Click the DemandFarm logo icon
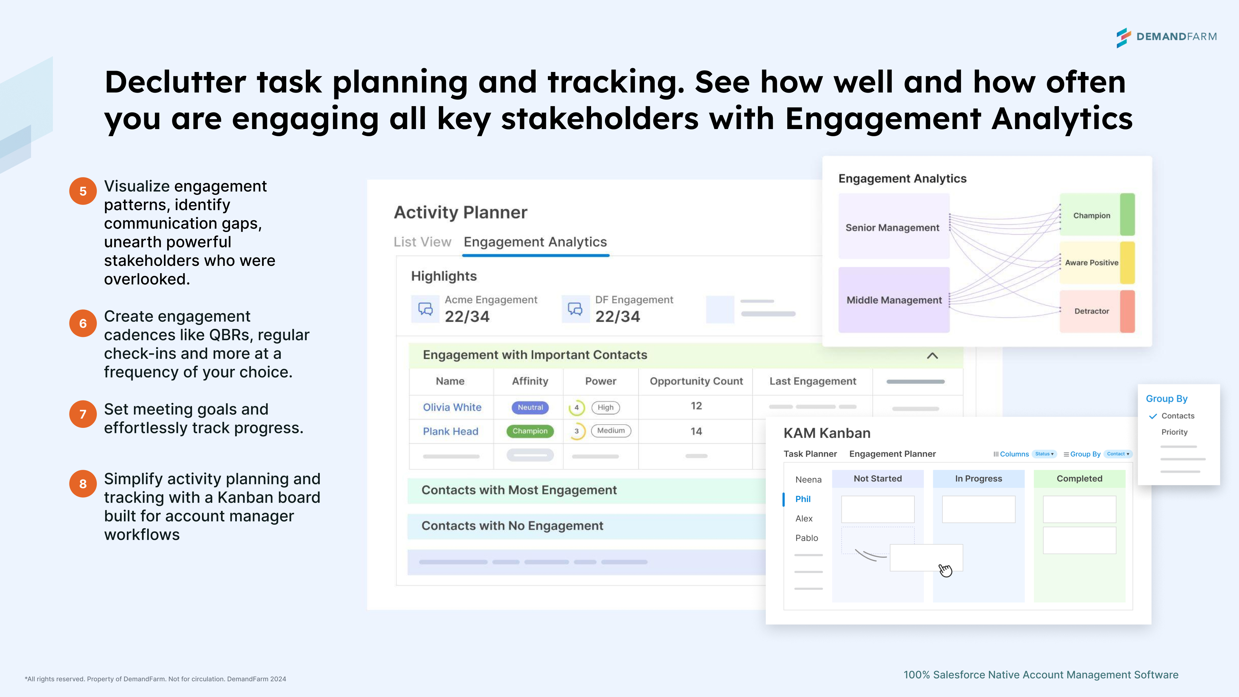point(1123,37)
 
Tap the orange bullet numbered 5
point(83,191)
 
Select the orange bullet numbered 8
point(83,483)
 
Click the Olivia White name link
point(452,408)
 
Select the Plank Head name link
point(451,431)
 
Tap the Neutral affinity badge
point(530,408)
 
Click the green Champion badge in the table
point(530,431)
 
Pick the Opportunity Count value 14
point(696,431)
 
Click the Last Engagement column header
point(813,381)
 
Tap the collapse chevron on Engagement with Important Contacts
point(932,356)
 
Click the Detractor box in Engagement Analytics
point(1097,311)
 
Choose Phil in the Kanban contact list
point(803,499)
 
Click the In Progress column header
point(978,479)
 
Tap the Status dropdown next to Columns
point(1044,454)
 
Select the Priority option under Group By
point(1174,432)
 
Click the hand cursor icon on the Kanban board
point(945,570)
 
